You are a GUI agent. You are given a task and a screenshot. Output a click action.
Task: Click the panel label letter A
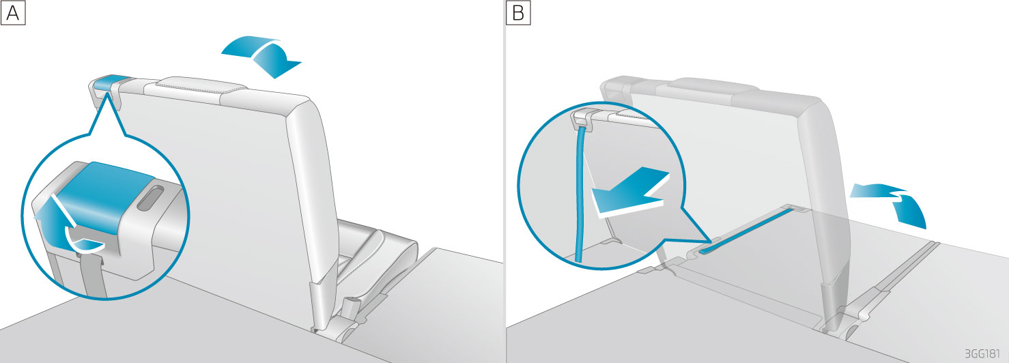point(13,13)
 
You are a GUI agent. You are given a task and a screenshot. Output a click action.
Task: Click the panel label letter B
point(517,13)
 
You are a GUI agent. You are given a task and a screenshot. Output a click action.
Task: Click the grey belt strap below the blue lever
point(87,273)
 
